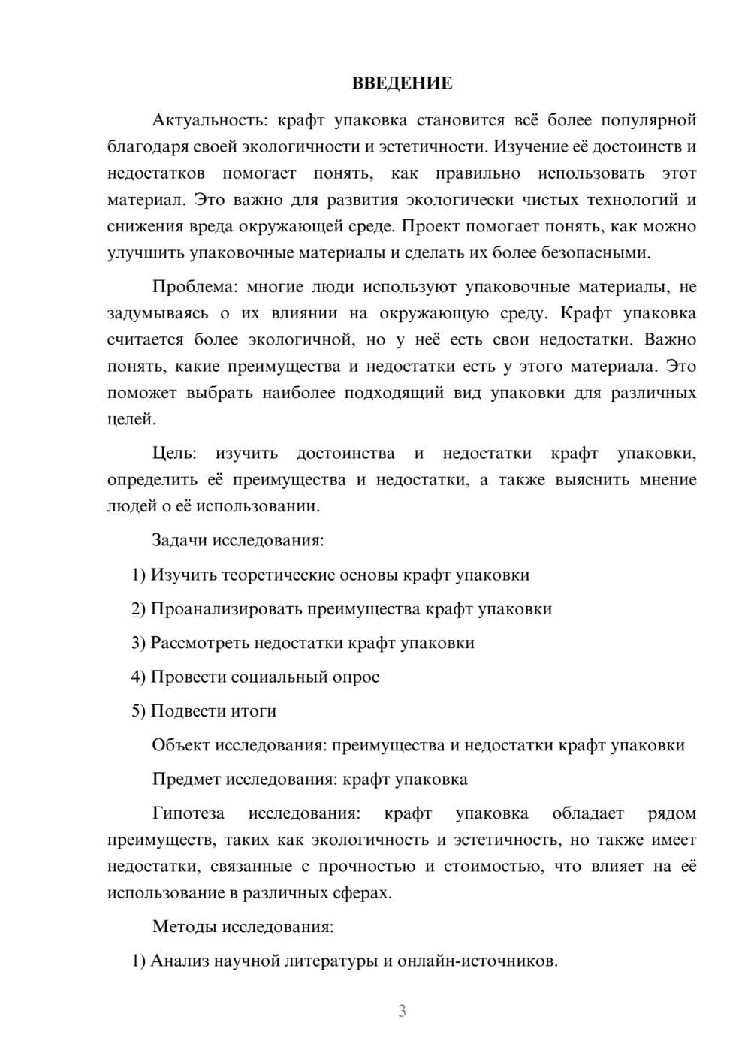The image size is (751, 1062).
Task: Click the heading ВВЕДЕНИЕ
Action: coord(402,83)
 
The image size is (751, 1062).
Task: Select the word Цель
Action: coord(173,454)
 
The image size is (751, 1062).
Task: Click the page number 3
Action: coord(402,1011)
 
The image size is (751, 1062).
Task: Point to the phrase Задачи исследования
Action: coord(237,540)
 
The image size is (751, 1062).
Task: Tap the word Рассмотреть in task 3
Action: coord(200,643)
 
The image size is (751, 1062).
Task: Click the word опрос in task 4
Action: coord(353,677)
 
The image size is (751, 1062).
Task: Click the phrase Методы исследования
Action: coord(243,927)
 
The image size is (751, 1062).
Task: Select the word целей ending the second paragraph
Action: coord(131,419)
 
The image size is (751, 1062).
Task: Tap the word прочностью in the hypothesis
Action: coord(367,866)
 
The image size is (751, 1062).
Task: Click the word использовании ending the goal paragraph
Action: coord(258,506)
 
